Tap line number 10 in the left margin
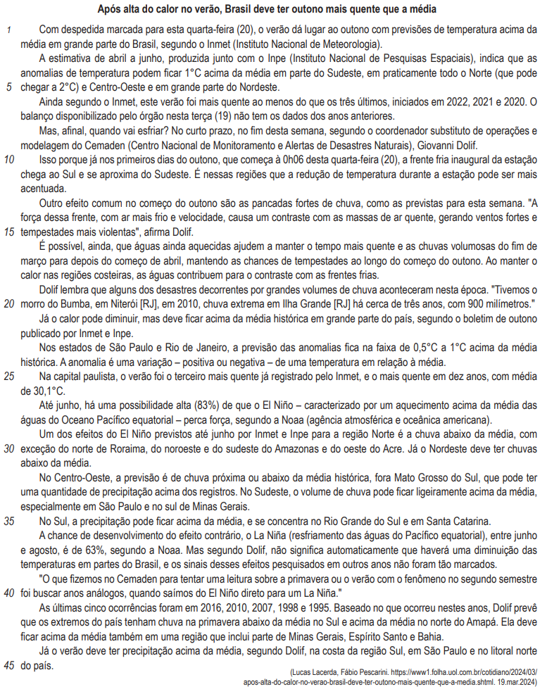[x=8, y=160]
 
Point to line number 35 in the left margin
[x=8, y=522]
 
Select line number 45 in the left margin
[x=8, y=664]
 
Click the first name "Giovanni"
[x=477, y=145]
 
